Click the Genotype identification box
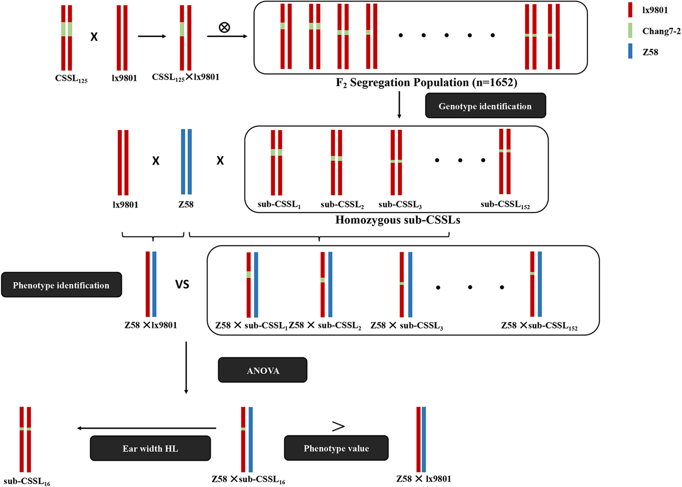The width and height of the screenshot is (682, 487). pos(485,106)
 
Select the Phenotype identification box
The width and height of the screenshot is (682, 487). pos(61,285)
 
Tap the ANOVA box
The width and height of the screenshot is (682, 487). pos(263,370)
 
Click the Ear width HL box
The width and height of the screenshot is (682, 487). pos(150,448)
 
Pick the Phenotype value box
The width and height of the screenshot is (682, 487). pos(336,448)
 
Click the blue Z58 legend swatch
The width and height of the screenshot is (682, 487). pos(630,52)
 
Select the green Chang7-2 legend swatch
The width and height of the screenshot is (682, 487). pos(630,31)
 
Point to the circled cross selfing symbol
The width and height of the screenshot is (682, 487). pos(224,27)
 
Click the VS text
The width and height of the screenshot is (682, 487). pos(182,284)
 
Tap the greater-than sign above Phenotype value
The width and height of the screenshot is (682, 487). pos(338,426)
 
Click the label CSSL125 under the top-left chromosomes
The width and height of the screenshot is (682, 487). pos(71,79)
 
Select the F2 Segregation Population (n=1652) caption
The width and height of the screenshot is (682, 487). pos(426,82)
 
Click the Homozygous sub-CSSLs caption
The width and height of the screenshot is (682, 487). pos(398,220)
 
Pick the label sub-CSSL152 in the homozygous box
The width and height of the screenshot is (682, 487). pos(505,205)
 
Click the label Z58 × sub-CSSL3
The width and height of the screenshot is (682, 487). pos(406,326)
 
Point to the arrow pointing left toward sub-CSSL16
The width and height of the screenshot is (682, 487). pos(147,428)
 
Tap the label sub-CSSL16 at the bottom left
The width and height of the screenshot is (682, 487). pos(27,481)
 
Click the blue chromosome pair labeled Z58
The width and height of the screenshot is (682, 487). pos(186,162)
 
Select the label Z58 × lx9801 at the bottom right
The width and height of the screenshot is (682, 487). pos(423,478)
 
